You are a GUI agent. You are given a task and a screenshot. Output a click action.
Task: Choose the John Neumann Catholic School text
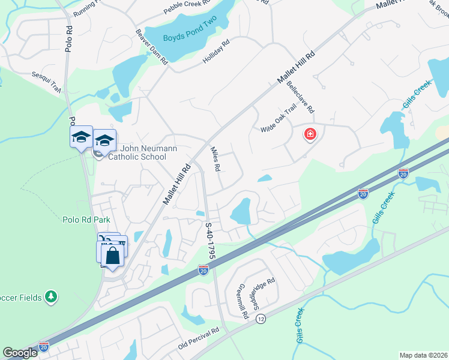(x=135, y=153)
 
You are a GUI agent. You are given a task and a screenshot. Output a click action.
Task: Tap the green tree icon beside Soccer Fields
(x=52, y=296)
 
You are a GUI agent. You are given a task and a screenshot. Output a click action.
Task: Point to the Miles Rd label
(x=215, y=160)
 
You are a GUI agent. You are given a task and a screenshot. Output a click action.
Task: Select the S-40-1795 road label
(x=211, y=242)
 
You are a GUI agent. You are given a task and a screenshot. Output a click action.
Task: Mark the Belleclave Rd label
(x=301, y=98)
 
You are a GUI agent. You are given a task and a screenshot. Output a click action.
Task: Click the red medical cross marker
(x=310, y=134)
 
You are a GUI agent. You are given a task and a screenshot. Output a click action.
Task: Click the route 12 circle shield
(x=260, y=319)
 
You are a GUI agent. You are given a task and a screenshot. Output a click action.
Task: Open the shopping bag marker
(x=113, y=256)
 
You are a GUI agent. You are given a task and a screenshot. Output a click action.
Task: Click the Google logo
(x=20, y=353)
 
